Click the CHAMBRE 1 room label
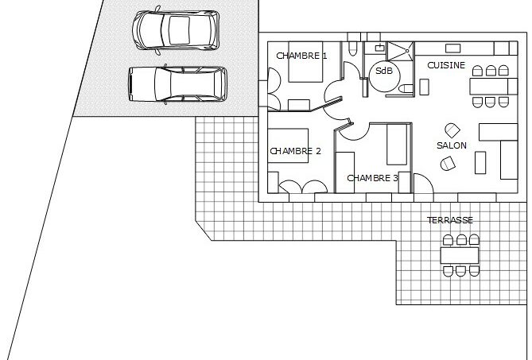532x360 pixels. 301,56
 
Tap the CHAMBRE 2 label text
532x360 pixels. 295,151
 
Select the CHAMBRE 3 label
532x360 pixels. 372,178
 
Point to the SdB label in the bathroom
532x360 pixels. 384,71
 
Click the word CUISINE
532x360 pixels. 446,65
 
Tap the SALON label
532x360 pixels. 451,145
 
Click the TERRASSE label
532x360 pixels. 450,220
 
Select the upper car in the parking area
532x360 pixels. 176,30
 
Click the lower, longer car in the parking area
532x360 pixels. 177,84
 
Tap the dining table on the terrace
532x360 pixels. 460,255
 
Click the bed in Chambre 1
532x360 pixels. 305,62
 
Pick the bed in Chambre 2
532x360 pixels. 288,145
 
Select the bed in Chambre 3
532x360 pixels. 397,145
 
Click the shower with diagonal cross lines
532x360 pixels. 401,52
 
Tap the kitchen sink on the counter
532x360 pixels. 452,48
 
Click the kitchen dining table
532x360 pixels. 493,86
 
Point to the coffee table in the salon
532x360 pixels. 480,163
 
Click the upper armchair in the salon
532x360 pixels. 452,130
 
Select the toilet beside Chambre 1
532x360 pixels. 353,48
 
